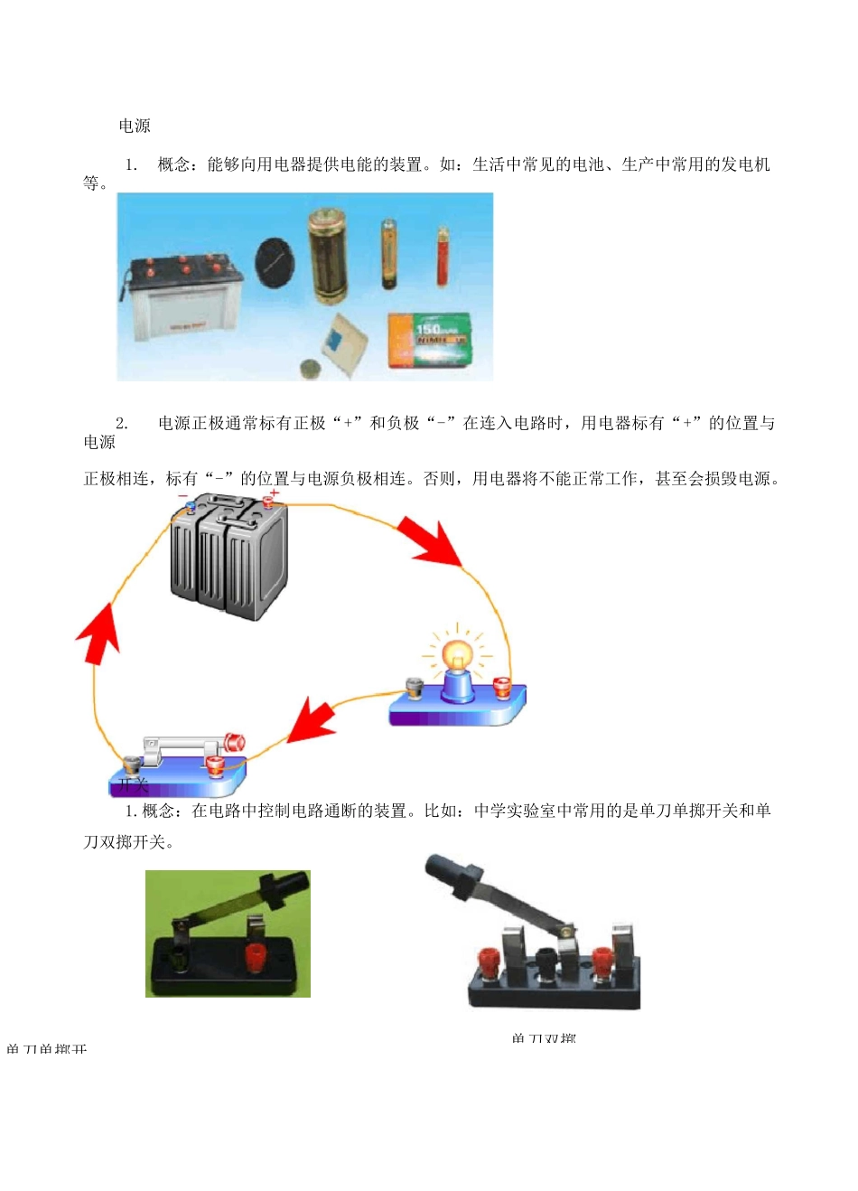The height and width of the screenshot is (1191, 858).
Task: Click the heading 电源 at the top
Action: [135, 126]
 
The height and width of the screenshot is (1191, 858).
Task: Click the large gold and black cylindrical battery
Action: [327, 258]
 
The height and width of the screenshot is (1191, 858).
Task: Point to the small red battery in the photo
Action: [443, 257]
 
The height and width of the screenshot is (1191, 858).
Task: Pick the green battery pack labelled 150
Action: [429, 340]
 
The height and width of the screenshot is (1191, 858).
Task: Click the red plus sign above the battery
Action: [275, 493]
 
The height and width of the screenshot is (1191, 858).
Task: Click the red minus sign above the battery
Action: [183, 496]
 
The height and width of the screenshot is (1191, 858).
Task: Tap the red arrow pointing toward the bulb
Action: [431, 542]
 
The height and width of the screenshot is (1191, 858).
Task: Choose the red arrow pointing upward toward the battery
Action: [98, 633]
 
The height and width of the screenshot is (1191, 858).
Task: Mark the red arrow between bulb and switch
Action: [309, 720]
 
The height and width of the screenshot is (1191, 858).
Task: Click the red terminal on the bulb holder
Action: [502, 687]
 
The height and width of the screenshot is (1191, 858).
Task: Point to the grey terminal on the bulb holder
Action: [415, 689]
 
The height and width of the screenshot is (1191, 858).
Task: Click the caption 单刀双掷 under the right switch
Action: [543, 1037]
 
